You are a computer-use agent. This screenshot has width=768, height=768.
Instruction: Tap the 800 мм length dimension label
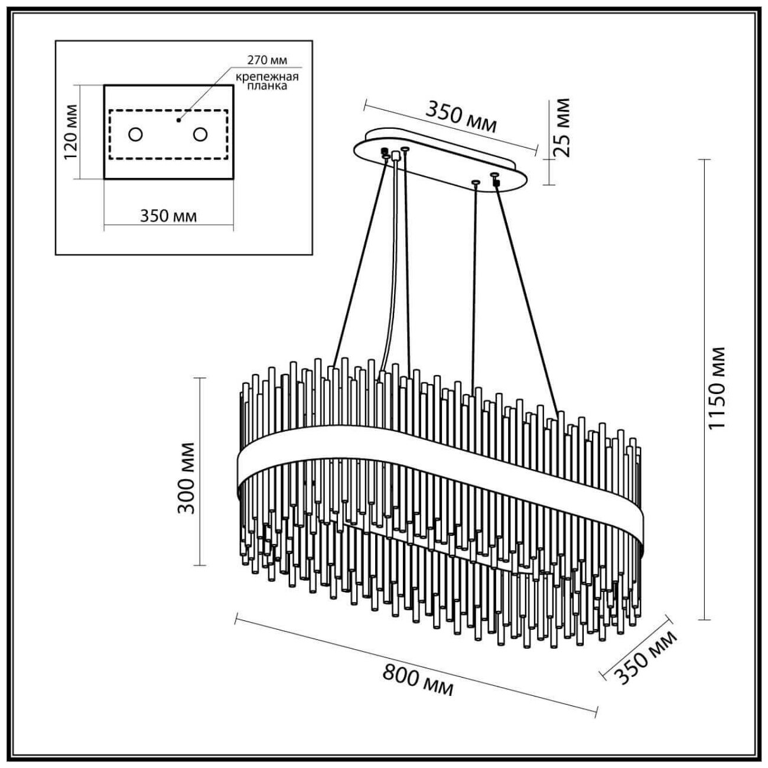click(x=418, y=679)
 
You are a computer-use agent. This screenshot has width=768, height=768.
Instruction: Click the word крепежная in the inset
click(x=267, y=77)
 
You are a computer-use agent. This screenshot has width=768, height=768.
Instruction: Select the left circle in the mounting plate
click(x=136, y=134)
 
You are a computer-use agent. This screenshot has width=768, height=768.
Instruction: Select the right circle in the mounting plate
click(x=200, y=134)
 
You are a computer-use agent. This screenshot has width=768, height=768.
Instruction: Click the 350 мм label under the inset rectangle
click(x=168, y=216)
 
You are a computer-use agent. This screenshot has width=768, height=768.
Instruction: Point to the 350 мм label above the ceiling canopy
click(x=461, y=117)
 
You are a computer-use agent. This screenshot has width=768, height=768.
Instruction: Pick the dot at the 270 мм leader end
click(x=178, y=120)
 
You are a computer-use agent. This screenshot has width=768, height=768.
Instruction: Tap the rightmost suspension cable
click(x=525, y=295)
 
